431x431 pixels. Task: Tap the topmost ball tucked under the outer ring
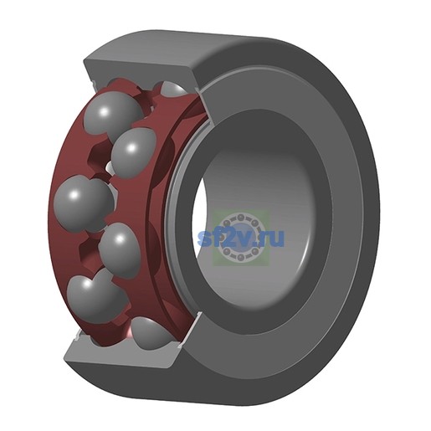pos(173,89)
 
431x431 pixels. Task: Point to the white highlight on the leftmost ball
pos(74,194)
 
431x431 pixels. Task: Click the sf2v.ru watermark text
pos(240,238)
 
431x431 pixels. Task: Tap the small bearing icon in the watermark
pos(241,237)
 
